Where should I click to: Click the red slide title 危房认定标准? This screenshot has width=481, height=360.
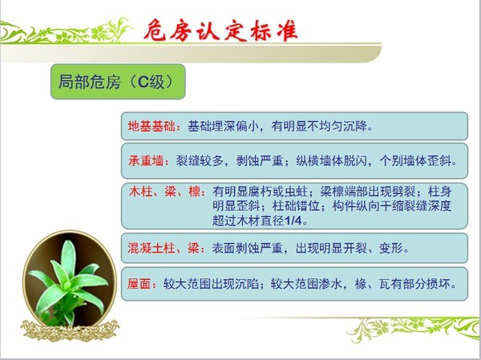pyautogui.click(x=220, y=30)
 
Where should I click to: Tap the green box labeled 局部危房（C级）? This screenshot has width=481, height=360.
pyautogui.click(x=118, y=82)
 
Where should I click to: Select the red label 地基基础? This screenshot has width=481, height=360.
pyautogui.click(x=152, y=126)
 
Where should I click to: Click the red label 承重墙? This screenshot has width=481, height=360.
pyautogui.click(x=146, y=160)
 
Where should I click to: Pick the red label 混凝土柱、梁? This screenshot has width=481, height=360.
pyautogui.click(x=164, y=248)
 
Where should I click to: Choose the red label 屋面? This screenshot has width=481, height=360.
pyautogui.click(x=139, y=284)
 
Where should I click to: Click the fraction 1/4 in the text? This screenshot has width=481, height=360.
pyautogui.click(x=293, y=220)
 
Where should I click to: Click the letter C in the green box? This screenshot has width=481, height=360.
pyautogui.click(x=143, y=82)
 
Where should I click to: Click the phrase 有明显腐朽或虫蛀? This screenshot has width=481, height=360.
pyautogui.click(x=260, y=192)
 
